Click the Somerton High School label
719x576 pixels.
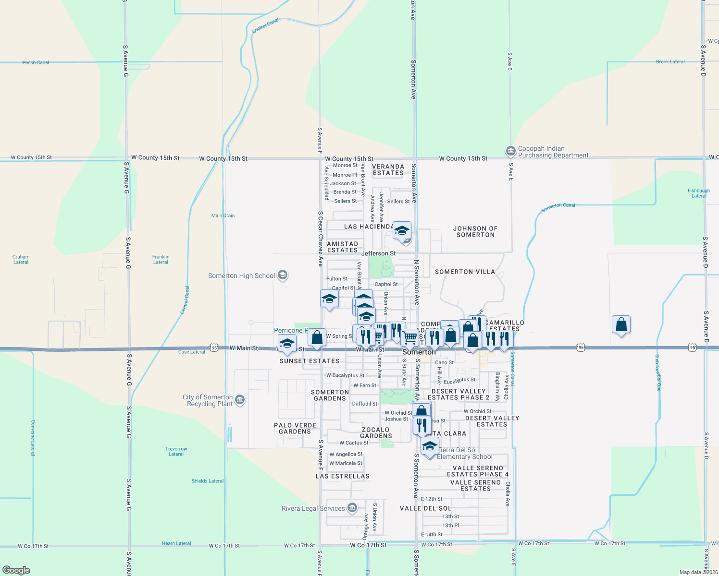click(241, 276)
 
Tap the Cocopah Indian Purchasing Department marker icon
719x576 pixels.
click(510, 152)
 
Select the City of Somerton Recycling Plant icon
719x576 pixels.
click(240, 399)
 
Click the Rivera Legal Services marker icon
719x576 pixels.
click(352, 508)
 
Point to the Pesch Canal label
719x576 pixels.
click(36, 62)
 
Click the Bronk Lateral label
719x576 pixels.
click(670, 62)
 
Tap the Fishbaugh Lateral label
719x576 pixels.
click(698, 193)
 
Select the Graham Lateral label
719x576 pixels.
click(21, 259)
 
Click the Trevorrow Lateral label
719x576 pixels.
click(176, 451)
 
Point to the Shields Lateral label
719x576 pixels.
click(208, 481)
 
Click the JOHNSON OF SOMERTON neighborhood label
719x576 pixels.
click(475, 231)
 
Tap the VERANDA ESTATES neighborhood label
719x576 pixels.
click(388, 170)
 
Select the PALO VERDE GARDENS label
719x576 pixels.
click(295, 428)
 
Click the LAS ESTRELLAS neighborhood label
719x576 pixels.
click(343, 476)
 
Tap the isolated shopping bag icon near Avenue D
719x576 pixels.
click(621, 325)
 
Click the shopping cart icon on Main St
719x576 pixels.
click(409, 337)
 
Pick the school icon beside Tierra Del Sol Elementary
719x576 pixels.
click(430, 446)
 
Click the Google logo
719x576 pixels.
click(16, 570)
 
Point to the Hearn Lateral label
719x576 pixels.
click(176, 543)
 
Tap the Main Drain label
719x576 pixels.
click(223, 216)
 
